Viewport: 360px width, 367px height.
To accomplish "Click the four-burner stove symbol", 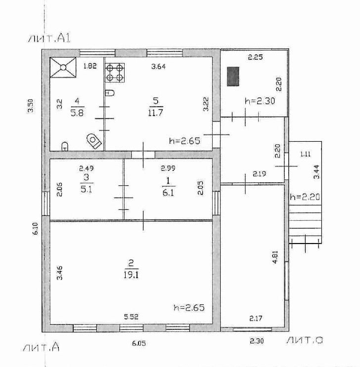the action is click(x=115, y=73).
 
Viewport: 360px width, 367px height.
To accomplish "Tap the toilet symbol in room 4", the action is click(x=94, y=141).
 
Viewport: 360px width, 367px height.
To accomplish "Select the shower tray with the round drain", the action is click(x=63, y=67).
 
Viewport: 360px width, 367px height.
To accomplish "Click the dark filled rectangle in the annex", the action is click(x=233, y=76).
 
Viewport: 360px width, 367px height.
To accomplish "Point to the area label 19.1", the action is click(x=131, y=275).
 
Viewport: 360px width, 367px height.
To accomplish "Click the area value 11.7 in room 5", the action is click(x=155, y=113).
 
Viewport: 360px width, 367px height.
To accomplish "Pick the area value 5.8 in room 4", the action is click(x=77, y=113).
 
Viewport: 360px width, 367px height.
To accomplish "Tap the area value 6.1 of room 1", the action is click(x=169, y=193).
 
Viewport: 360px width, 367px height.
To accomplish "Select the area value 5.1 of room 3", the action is click(x=86, y=189).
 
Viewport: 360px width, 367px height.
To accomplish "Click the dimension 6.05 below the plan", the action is click(x=139, y=343).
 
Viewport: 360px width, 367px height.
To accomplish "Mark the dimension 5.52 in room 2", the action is click(x=131, y=317).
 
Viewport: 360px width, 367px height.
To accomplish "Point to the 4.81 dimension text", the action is click(x=275, y=257).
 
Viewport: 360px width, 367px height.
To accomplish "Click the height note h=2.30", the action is click(x=260, y=101).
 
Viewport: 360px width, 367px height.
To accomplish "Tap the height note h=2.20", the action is click(x=305, y=197).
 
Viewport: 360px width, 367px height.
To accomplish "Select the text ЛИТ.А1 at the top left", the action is click(x=49, y=38).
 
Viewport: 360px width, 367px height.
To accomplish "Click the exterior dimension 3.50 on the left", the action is click(x=31, y=106).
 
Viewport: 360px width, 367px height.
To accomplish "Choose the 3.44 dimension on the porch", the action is click(x=316, y=172).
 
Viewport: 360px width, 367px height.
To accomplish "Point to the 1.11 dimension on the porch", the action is click(x=306, y=154).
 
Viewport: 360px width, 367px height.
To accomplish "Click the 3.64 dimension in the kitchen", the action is click(x=158, y=67).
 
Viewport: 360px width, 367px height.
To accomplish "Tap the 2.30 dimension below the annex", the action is click(x=257, y=341).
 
